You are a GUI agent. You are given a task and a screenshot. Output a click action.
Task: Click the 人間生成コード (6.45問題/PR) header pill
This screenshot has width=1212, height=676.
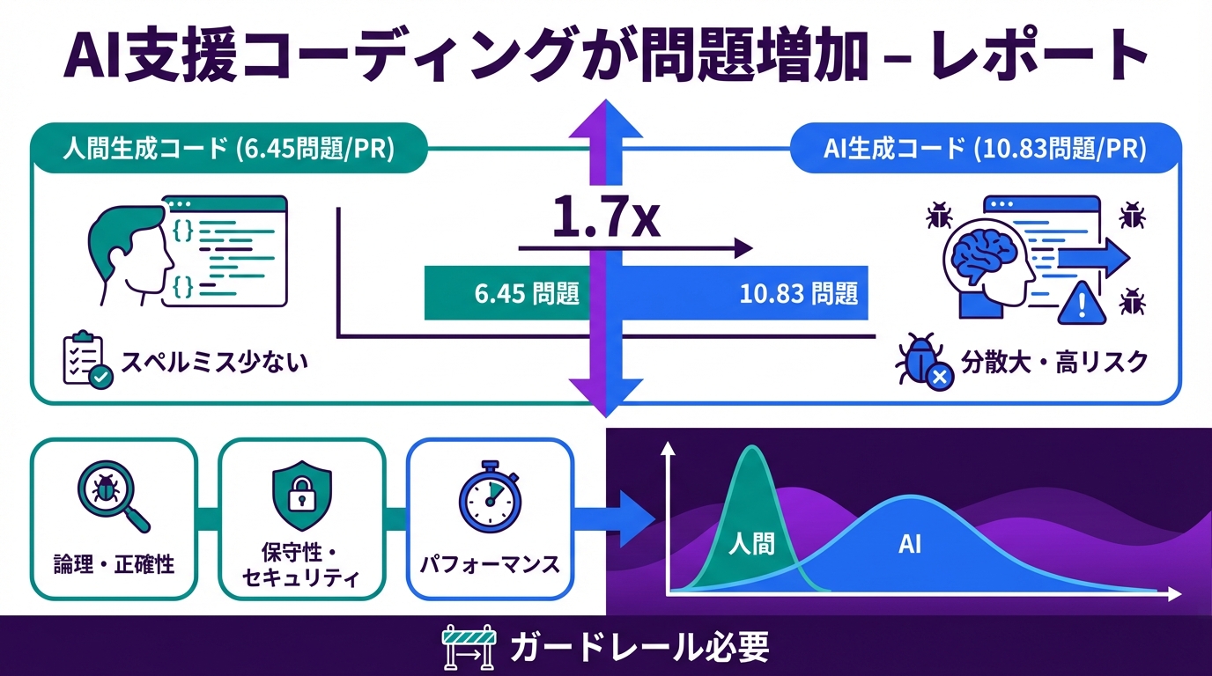click(229, 149)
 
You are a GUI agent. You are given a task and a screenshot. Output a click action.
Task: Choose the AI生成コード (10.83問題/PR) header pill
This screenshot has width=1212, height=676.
click(984, 149)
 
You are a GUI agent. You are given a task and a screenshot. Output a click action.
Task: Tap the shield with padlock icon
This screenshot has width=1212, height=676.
click(301, 497)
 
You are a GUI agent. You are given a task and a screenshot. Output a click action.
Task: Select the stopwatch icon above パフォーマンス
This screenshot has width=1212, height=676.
click(489, 497)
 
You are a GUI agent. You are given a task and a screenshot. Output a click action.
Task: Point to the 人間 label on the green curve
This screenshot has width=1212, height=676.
click(751, 544)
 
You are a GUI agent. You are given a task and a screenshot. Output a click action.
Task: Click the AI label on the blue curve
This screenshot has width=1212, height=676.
click(909, 544)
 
